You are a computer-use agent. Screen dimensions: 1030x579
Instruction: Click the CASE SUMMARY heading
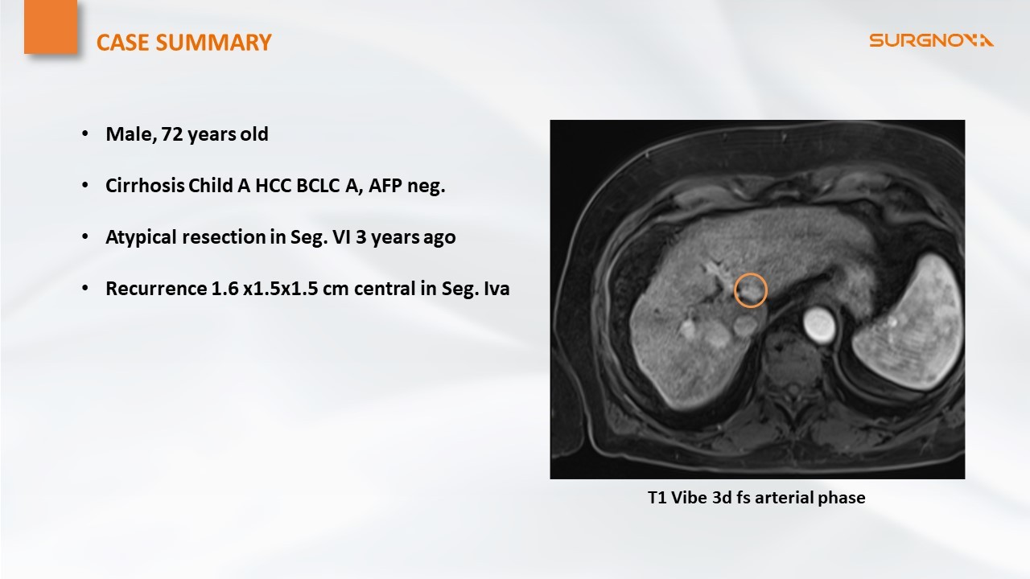tap(184, 43)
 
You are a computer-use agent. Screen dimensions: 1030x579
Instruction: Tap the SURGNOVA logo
tap(931, 40)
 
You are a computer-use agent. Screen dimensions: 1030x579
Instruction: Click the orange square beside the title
tap(51, 27)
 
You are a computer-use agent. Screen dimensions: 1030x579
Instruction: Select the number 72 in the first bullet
tap(172, 134)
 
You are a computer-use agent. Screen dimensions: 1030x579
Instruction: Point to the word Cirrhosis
tap(144, 186)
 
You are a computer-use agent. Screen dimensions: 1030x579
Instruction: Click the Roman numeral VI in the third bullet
tap(344, 237)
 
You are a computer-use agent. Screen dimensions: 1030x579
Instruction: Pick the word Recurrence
tap(155, 289)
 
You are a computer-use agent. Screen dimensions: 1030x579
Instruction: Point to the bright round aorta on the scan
tap(819, 326)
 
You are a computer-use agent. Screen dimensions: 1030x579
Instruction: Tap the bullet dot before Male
tap(85, 134)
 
